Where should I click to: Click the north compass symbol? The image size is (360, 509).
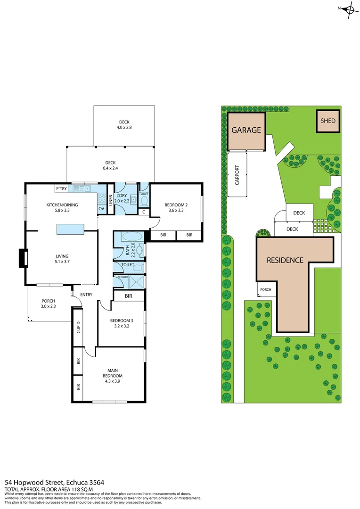(349, 9)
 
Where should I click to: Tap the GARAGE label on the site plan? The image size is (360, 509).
(246, 131)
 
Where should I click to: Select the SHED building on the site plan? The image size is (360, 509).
(328, 121)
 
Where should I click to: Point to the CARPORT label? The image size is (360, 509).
(237, 175)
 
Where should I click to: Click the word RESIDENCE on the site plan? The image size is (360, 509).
(285, 260)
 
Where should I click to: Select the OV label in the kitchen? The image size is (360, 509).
(101, 209)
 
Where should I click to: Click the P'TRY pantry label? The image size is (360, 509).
(61, 189)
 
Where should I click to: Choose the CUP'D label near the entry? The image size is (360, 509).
(78, 326)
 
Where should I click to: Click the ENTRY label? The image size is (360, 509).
(86, 295)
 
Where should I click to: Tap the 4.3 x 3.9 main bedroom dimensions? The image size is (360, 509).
(114, 382)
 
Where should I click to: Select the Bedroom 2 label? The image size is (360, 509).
(176, 205)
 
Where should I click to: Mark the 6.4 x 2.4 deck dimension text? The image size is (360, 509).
(111, 167)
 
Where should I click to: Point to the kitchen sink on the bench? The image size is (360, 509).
(85, 189)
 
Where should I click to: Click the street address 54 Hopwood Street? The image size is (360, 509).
(54, 482)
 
